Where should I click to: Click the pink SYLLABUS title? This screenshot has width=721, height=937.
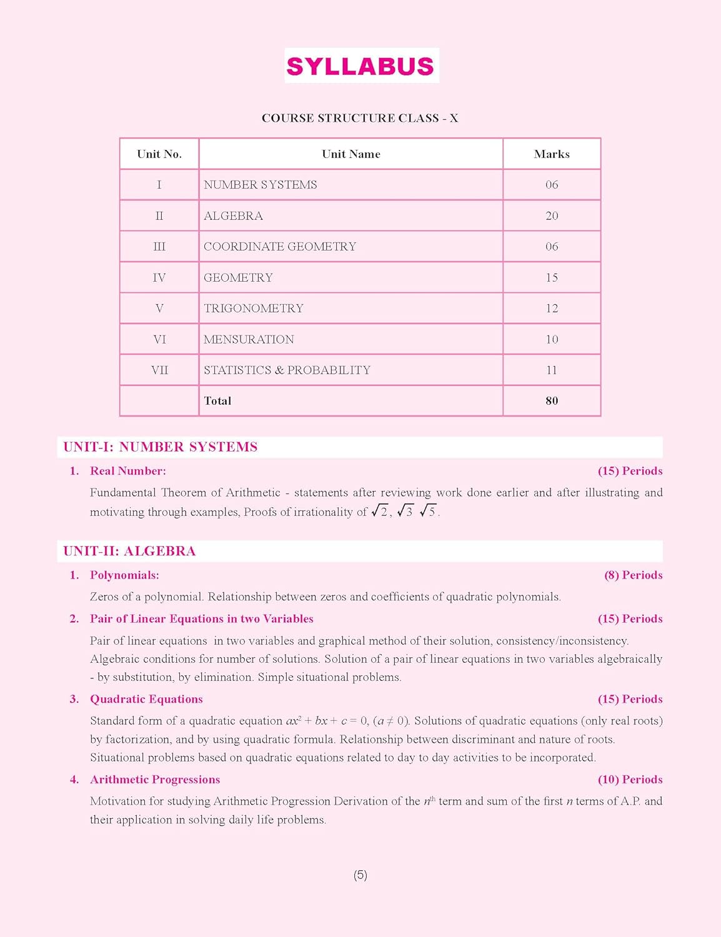tap(360, 66)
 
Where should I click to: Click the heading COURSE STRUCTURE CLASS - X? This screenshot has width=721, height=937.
tap(360, 118)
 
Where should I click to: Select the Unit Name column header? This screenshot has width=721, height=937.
tap(351, 154)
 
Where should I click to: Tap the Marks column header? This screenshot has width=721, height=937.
tap(552, 154)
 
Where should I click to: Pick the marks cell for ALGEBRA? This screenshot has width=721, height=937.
tap(552, 216)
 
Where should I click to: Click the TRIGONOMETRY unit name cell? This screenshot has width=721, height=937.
tap(254, 309)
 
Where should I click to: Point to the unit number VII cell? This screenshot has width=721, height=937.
tap(159, 370)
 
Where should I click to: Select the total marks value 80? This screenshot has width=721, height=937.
tap(552, 401)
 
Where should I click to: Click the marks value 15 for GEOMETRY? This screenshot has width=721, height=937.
tap(552, 277)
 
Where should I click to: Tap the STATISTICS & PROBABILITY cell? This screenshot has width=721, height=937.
tap(287, 370)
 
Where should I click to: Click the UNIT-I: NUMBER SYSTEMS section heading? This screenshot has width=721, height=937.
tap(160, 447)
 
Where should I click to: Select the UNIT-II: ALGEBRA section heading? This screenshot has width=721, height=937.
tap(129, 552)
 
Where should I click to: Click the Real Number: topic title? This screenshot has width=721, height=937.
tap(128, 471)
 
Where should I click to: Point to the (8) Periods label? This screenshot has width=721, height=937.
tap(633, 575)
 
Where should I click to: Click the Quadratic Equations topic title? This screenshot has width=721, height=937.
tap(146, 699)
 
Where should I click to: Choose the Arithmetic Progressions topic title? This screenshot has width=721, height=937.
tap(155, 780)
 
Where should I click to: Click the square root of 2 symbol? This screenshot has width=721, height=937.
tap(380, 512)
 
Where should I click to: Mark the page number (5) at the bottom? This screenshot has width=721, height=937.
tap(360, 875)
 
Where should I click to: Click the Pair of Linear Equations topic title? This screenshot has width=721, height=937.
tap(201, 619)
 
